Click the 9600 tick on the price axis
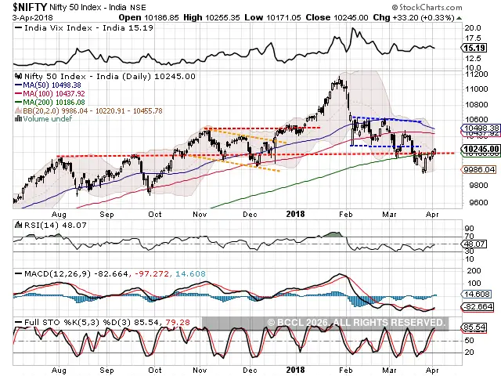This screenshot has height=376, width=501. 474,202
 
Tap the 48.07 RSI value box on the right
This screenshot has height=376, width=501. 475,244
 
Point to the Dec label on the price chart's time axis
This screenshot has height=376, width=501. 250,212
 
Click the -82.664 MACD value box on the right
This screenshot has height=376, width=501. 477,306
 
